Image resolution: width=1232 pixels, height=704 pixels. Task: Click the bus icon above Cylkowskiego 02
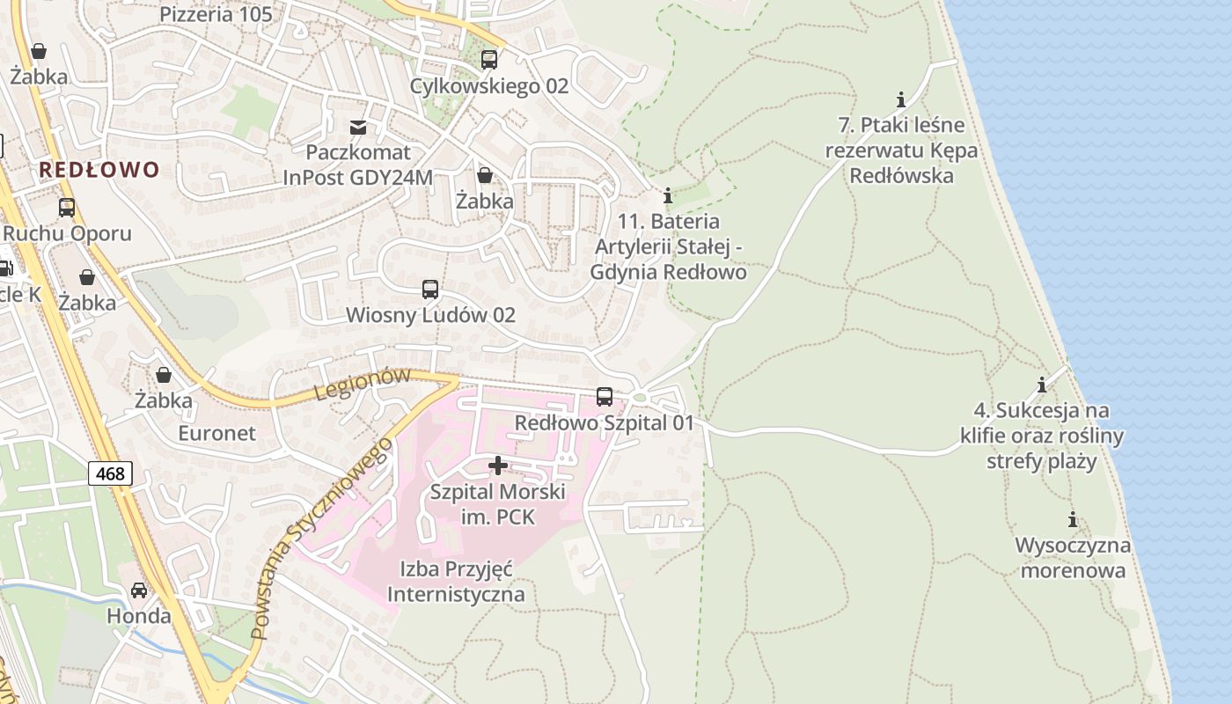pyautogui.click(x=488, y=60)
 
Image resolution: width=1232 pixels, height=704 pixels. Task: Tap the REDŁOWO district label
pyautogui.click(x=99, y=170)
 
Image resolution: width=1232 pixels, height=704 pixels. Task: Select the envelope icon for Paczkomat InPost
pyautogui.click(x=358, y=128)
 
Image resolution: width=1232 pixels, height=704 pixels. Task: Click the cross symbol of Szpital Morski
pyautogui.click(x=498, y=465)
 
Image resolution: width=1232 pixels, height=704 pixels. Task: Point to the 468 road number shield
pyautogui.click(x=110, y=474)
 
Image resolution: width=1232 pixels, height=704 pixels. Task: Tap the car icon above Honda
pyautogui.click(x=139, y=590)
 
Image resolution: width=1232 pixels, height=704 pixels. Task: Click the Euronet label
pyautogui.click(x=216, y=433)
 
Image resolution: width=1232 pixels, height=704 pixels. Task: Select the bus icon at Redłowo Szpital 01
pyautogui.click(x=604, y=397)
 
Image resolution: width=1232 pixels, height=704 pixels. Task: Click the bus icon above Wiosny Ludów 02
pyautogui.click(x=430, y=289)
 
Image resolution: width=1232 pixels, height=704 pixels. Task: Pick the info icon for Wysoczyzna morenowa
pyautogui.click(x=1072, y=519)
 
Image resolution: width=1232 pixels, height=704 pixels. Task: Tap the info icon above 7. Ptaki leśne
pyautogui.click(x=900, y=99)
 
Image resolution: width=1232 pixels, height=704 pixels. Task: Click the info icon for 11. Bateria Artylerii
pyautogui.click(x=668, y=194)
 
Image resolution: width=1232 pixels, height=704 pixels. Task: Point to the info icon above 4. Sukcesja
pyautogui.click(x=1042, y=385)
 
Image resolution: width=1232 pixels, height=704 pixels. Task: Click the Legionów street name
pyautogui.click(x=363, y=384)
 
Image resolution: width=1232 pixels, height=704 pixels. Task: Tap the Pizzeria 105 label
pyautogui.click(x=216, y=14)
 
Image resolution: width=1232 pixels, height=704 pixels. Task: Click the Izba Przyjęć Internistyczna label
pyautogui.click(x=456, y=582)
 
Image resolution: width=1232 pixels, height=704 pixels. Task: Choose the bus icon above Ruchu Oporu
pyautogui.click(x=67, y=208)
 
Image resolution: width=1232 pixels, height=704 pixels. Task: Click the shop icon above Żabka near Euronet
pyautogui.click(x=163, y=375)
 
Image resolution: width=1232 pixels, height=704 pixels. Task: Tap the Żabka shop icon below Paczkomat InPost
pyautogui.click(x=484, y=175)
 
